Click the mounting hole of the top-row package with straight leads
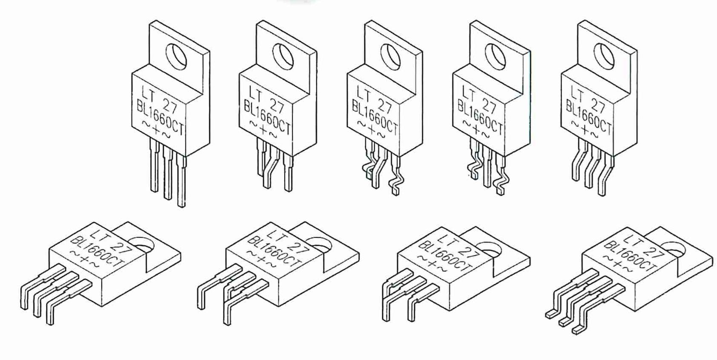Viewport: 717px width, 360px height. (x=176, y=57)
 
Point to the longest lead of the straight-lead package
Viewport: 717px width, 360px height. (x=181, y=181)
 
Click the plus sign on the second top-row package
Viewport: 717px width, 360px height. (x=263, y=130)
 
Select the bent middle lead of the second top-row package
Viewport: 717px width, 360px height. (x=271, y=166)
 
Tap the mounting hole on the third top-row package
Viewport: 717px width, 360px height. (x=391, y=57)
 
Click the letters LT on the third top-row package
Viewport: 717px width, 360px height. (x=364, y=94)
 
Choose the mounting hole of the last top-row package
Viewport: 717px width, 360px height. (x=604, y=57)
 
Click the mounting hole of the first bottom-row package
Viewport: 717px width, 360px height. (x=143, y=245)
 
